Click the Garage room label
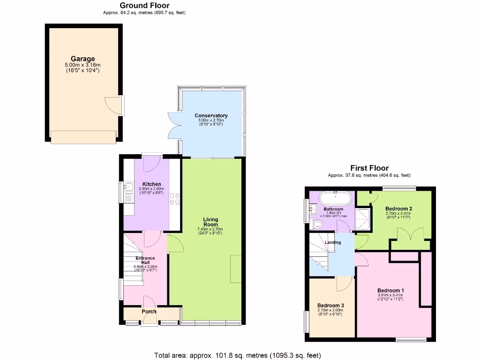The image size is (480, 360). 82,59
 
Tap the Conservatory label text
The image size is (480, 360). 211,115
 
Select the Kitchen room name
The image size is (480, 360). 152,184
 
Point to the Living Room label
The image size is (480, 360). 210,222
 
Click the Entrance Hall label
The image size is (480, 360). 145,261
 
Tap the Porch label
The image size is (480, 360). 149,311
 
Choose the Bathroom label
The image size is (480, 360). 333,209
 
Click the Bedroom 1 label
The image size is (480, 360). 390,291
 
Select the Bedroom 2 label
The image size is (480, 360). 398,209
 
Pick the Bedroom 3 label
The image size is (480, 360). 330,305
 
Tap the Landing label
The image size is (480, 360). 333,242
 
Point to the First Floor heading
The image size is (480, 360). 369,168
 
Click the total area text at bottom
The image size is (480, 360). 238,355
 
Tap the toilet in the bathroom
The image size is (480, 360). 318,224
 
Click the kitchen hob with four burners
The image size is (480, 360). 174,199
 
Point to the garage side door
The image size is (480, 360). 112,104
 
